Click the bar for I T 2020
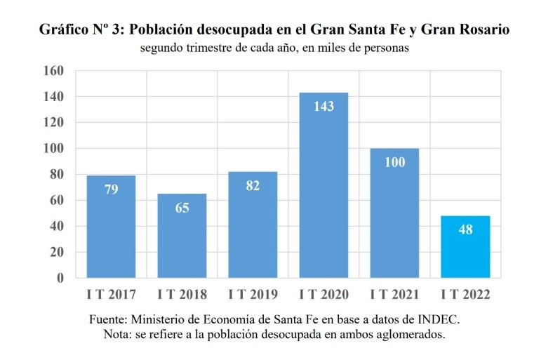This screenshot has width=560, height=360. [x=324, y=185]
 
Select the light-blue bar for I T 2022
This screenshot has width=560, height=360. [x=465, y=246]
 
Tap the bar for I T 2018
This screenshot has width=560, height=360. [x=182, y=236]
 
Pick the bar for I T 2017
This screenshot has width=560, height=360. [x=111, y=227]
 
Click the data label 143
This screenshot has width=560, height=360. [x=324, y=107]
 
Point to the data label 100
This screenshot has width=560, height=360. [x=394, y=162]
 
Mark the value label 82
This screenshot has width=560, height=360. [x=253, y=185]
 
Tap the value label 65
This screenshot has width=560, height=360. [x=182, y=207]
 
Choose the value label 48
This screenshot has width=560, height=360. [x=465, y=229]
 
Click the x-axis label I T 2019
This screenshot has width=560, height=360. [x=253, y=294]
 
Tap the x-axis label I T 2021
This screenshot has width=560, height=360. [x=394, y=294]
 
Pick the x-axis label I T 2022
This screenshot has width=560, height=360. [x=465, y=294]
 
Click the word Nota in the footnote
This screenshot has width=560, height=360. [x=116, y=334]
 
